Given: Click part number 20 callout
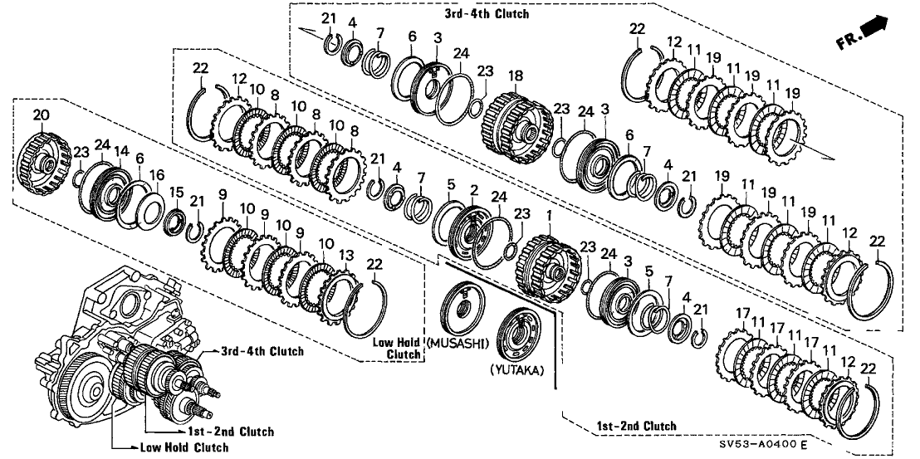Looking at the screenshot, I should click(x=41, y=115).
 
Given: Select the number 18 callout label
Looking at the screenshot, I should click(x=516, y=76).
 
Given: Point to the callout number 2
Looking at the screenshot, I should click(x=472, y=191).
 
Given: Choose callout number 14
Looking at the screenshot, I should click(x=121, y=151).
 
